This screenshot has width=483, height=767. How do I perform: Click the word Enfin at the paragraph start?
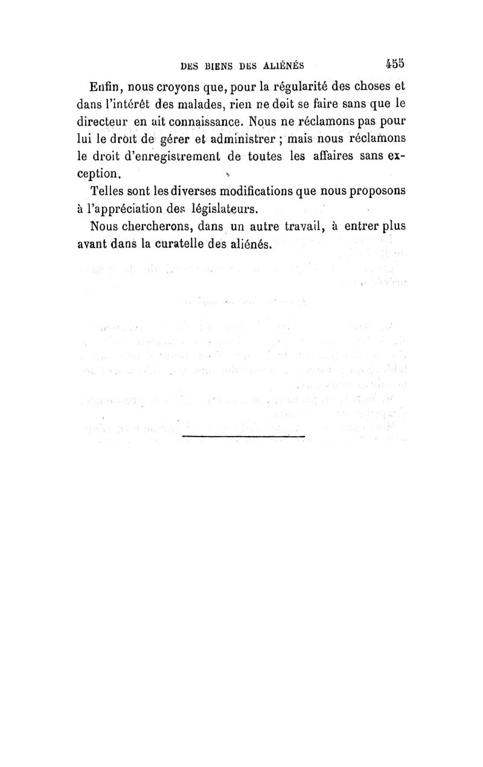click(x=106, y=86)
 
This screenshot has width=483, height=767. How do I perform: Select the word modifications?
click(x=249, y=192)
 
